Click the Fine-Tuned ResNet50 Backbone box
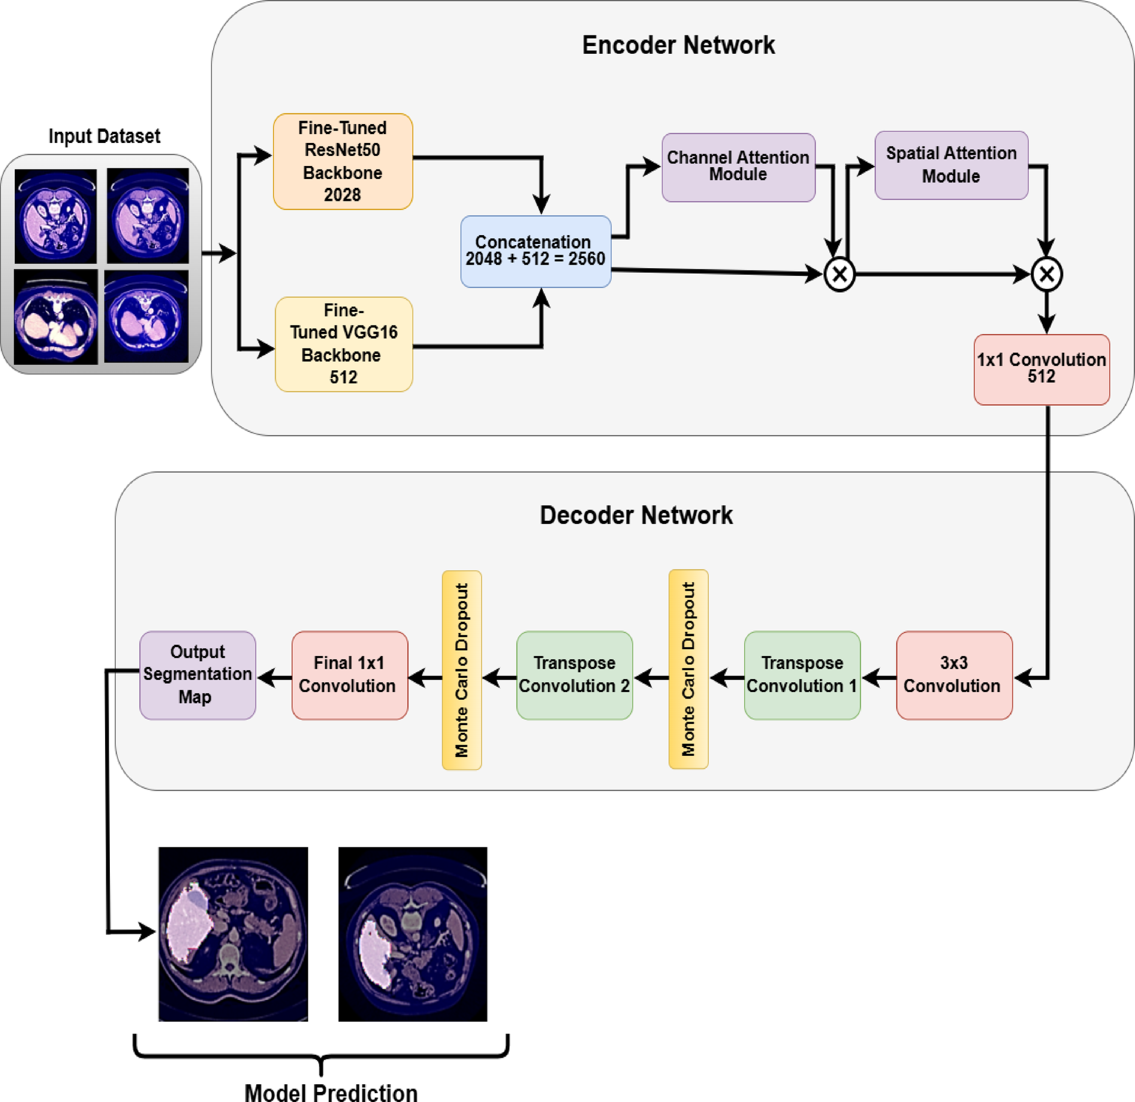(x=342, y=161)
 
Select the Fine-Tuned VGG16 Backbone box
(x=344, y=344)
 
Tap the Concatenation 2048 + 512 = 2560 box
(x=535, y=251)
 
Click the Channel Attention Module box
(x=738, y=167)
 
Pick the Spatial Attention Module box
(x=951, y=165)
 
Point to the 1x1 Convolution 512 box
(x=1041, y=369)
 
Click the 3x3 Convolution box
(x=954, y=674)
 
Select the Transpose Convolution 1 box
(x=802, y=674)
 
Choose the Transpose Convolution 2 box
(x=574, y=674)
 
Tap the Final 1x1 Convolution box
(x=349, y=674)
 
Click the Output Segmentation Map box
(x=197, y=674)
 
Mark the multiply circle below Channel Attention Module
(x=839, y=274)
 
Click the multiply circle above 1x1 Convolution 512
(x=1046, y=274)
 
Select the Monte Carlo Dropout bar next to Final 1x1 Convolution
(x=462, y=670)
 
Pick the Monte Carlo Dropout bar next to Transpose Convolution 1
(x=688, y=669)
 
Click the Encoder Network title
(x=678, y=45)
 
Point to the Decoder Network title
(x=636, y=515)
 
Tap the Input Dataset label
(x=104, y=136)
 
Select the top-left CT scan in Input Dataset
(x=55, y=216)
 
